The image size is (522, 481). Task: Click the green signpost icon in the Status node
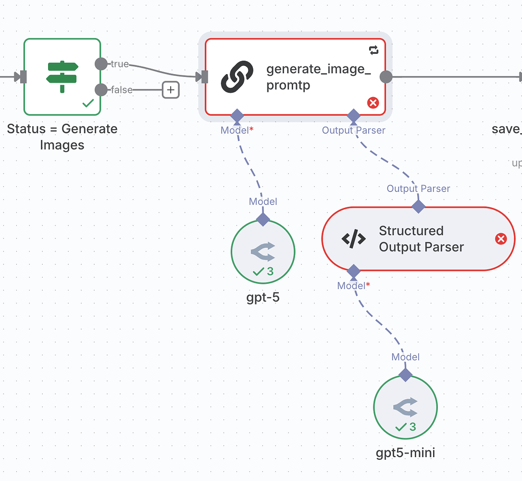click(x=62, y=77)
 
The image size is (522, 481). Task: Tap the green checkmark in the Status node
click(x=88, y=103)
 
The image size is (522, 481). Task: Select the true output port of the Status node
click(x=101, y=64)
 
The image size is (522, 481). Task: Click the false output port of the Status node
click(x=101, y=90)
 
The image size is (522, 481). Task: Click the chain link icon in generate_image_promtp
click(x=237, y=77)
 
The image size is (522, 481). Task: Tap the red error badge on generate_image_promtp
click(x=373, y=102)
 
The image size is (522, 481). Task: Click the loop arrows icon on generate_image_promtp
click(x=373, y=50)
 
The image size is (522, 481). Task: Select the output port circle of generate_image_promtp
click(x=385, y=77)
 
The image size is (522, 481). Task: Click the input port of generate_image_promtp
click(x=204, y=77)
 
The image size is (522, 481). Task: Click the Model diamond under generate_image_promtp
click(x=237, y=115)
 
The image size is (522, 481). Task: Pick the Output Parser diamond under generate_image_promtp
click(x=354, y=115)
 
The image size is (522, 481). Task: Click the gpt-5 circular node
click(x=263, y=252)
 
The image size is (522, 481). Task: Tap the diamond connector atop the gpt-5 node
click(x=263, y=219)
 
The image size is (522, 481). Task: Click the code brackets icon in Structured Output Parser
click(x=354, y=239)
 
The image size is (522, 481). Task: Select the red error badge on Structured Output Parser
click(x=501, y=239)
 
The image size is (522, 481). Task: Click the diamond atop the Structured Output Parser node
click(x=419, y=207)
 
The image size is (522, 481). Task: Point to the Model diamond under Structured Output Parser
click(x=354, y=271)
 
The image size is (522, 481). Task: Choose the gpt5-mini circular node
click(x=405, y=407)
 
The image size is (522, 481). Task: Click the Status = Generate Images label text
click(x=62, y=137)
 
